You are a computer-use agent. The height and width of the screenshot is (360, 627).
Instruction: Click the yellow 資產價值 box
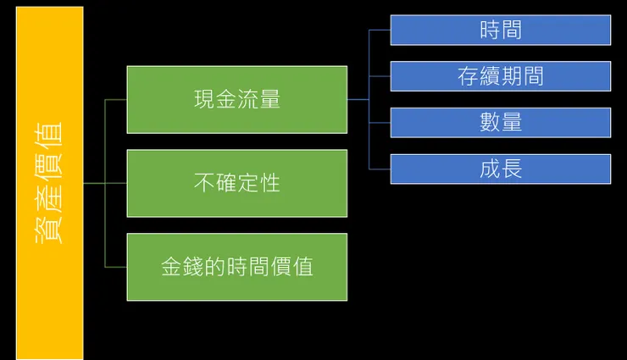(x=49, y=182)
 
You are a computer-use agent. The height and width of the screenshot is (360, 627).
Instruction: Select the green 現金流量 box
(x=236, y=99)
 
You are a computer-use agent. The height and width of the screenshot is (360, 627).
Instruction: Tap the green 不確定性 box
(x=236, y=183)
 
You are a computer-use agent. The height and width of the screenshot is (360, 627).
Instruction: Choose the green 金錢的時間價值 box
(x=236, y=267)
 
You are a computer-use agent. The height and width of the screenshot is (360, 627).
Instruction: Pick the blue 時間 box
(x=500, y=30)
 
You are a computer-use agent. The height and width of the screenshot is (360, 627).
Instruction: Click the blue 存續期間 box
(x=500, y=76)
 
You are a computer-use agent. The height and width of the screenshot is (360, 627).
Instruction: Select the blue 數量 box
(x=500, y=123)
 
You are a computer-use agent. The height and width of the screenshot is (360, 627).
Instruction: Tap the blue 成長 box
(x=500, y=169)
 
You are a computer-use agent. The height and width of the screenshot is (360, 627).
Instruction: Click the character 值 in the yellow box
(x=49, y=136)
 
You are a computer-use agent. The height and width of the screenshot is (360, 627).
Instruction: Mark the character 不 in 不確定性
(x=204, y=183)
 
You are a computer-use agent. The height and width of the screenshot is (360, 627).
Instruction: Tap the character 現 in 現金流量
(x=204, y=99)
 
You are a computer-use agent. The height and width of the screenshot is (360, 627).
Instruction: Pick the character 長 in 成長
(x=511, y=169)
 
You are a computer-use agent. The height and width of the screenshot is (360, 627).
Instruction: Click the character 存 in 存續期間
(x=468, y=76)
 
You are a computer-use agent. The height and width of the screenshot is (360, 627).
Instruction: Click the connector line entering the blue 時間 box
(x=380, y=30)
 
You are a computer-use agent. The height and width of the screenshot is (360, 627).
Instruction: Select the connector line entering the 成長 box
(x=380, y=169)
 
